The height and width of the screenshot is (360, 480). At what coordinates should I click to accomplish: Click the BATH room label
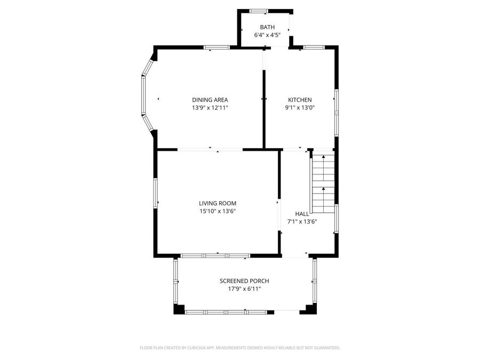[267, 27]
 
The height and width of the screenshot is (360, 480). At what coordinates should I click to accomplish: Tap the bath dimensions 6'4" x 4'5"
[267, 36]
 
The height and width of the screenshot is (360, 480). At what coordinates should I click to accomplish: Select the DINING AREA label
[210, 100]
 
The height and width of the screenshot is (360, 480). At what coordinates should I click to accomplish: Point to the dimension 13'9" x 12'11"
[210, 108]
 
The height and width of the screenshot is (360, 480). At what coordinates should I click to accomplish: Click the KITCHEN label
[300, 100]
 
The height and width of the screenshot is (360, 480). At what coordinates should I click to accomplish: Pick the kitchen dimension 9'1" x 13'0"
[300, 108]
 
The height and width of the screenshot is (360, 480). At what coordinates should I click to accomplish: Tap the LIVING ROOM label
[218, 203]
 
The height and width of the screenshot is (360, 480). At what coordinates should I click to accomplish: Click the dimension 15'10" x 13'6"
[218, 211]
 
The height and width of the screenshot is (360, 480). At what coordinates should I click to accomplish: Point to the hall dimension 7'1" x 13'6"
[302, 222]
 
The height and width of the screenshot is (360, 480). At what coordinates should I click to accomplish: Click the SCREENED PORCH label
[244, 281]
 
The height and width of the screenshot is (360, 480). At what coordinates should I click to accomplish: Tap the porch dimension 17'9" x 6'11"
[244, 289]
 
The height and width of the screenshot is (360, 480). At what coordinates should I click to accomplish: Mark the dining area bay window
[143, 95]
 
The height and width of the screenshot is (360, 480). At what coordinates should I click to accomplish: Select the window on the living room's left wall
[156, 193]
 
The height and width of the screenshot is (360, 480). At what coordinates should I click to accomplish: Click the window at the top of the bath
[259, 11]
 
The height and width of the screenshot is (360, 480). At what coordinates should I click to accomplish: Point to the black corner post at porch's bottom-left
[179, 309]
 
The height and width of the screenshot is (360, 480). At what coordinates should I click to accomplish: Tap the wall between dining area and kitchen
[264, 112]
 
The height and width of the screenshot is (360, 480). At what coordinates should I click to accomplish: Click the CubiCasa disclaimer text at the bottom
[240, 348]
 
